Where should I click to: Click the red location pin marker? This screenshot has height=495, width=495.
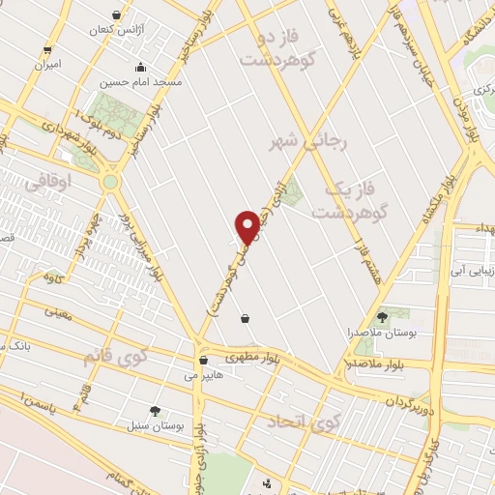[248, 226]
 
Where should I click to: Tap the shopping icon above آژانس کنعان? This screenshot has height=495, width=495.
[118, 15]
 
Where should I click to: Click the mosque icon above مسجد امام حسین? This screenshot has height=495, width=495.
[141, 68]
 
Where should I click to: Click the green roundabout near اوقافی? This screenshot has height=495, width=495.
[110, 181]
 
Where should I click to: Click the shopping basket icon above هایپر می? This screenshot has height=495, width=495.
[202, 360]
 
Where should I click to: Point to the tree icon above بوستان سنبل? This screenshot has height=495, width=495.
[156, 411]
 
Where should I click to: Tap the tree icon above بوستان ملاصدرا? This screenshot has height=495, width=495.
[382, 316]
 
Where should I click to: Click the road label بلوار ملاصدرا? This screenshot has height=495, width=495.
[370, 364]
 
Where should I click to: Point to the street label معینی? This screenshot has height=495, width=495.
[60, 310]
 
